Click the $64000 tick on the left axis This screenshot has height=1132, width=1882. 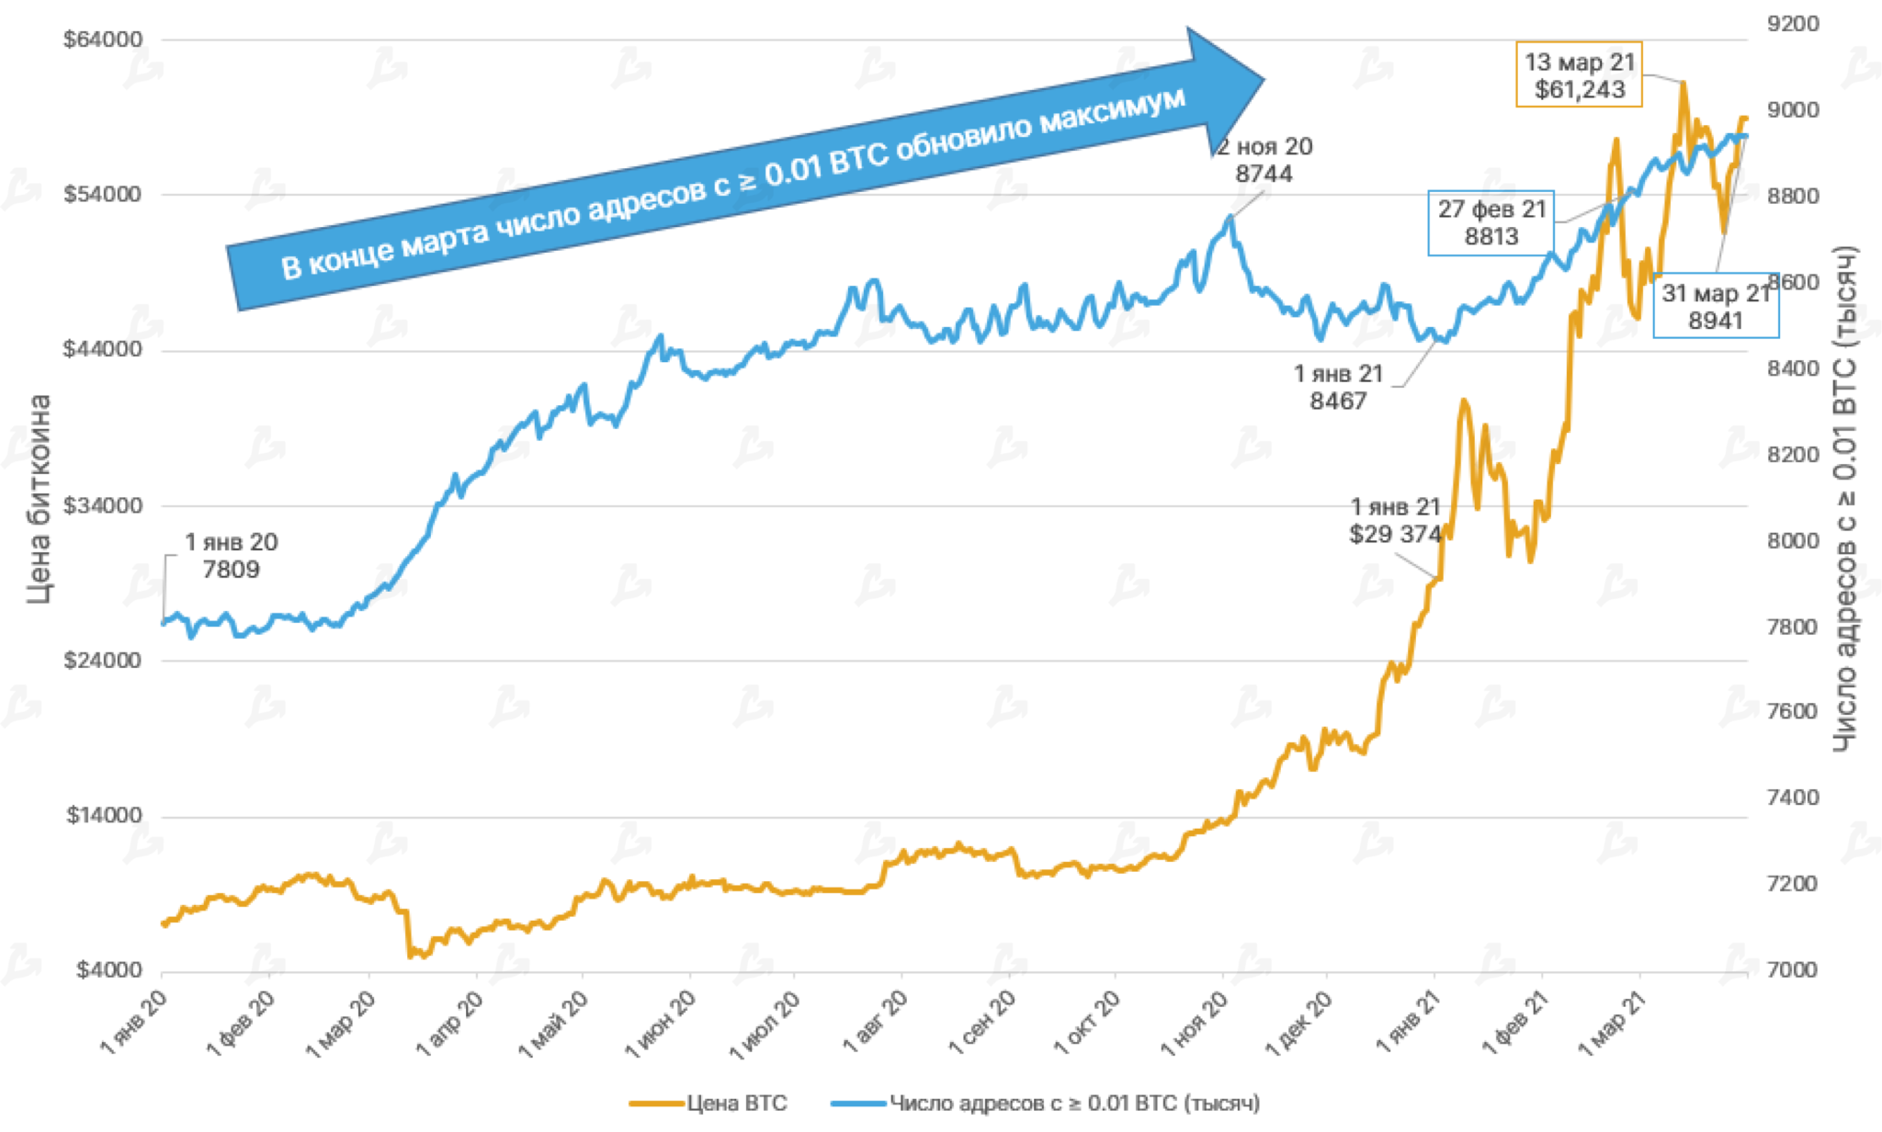click(103, 40)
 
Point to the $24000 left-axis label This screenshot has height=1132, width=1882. click(103, 661)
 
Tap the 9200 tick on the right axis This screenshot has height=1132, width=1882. click(1793, 24)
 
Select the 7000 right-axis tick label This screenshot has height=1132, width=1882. click(1793, 970)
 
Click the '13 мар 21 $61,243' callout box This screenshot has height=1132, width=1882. click(1579, 75)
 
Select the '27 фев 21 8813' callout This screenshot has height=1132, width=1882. click(1491, 223)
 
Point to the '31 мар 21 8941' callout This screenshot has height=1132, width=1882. click(1715, 307)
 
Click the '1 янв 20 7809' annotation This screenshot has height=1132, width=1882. click(231, 556)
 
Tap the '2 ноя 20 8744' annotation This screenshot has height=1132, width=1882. click(1264, 160)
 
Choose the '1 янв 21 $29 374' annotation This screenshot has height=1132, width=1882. click(1395, 520)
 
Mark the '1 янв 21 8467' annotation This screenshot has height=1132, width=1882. click(1338, 387)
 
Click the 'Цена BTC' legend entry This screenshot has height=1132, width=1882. click(736, 1103)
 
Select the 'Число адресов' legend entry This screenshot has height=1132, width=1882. click(1073, 1103)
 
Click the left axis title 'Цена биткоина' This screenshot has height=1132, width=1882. click(39, 499)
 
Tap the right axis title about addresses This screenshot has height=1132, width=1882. click(1845, 499)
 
